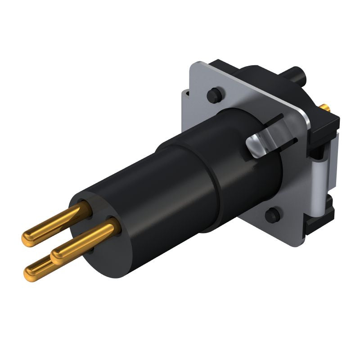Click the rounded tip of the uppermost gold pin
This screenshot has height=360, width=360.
pyautogui.click(x=28, y=237)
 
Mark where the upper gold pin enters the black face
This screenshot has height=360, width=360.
pyautogui.click(x=86, y=207)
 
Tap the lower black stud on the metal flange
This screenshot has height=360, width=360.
pyautogui.click(x=271, y=216)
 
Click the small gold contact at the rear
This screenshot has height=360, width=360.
pyautogui.click(x=325, y=108)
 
